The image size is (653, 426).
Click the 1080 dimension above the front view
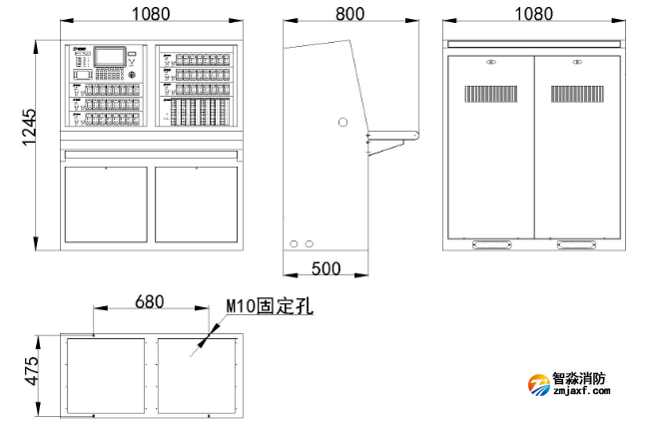(151, 14)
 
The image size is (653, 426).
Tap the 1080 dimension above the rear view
(534, 14)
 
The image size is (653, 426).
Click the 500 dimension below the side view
(326, 268)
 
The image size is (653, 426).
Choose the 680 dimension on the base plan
(150, 299)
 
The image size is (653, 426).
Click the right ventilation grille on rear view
(578, 94)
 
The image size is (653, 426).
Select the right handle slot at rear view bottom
(578, 242)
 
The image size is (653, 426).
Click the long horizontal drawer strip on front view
(151, 154)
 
